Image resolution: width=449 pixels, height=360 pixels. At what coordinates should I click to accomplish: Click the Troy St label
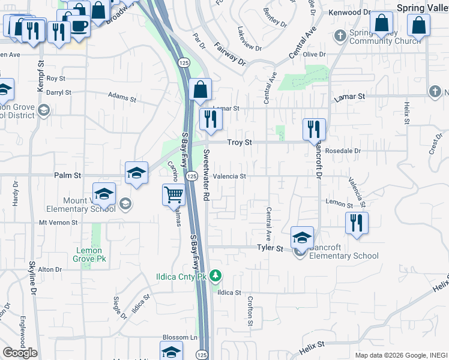239,142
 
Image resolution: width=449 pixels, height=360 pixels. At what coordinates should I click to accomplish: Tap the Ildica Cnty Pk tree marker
216,277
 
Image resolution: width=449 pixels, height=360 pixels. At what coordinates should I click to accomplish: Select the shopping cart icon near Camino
173,194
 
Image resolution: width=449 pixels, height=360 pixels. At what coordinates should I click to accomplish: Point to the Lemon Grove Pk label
89,254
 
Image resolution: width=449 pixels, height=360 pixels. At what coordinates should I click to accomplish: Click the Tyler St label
270,248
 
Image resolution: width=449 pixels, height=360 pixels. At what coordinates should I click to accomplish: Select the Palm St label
68,176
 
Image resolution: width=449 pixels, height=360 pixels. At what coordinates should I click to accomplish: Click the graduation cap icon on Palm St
137,173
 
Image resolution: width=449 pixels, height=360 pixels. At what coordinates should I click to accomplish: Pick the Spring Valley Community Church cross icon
340,35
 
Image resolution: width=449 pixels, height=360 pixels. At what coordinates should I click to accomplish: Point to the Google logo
20,353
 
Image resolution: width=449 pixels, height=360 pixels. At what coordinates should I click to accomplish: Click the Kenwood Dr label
349,12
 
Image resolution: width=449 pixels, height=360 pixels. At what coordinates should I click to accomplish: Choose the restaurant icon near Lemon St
357,223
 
